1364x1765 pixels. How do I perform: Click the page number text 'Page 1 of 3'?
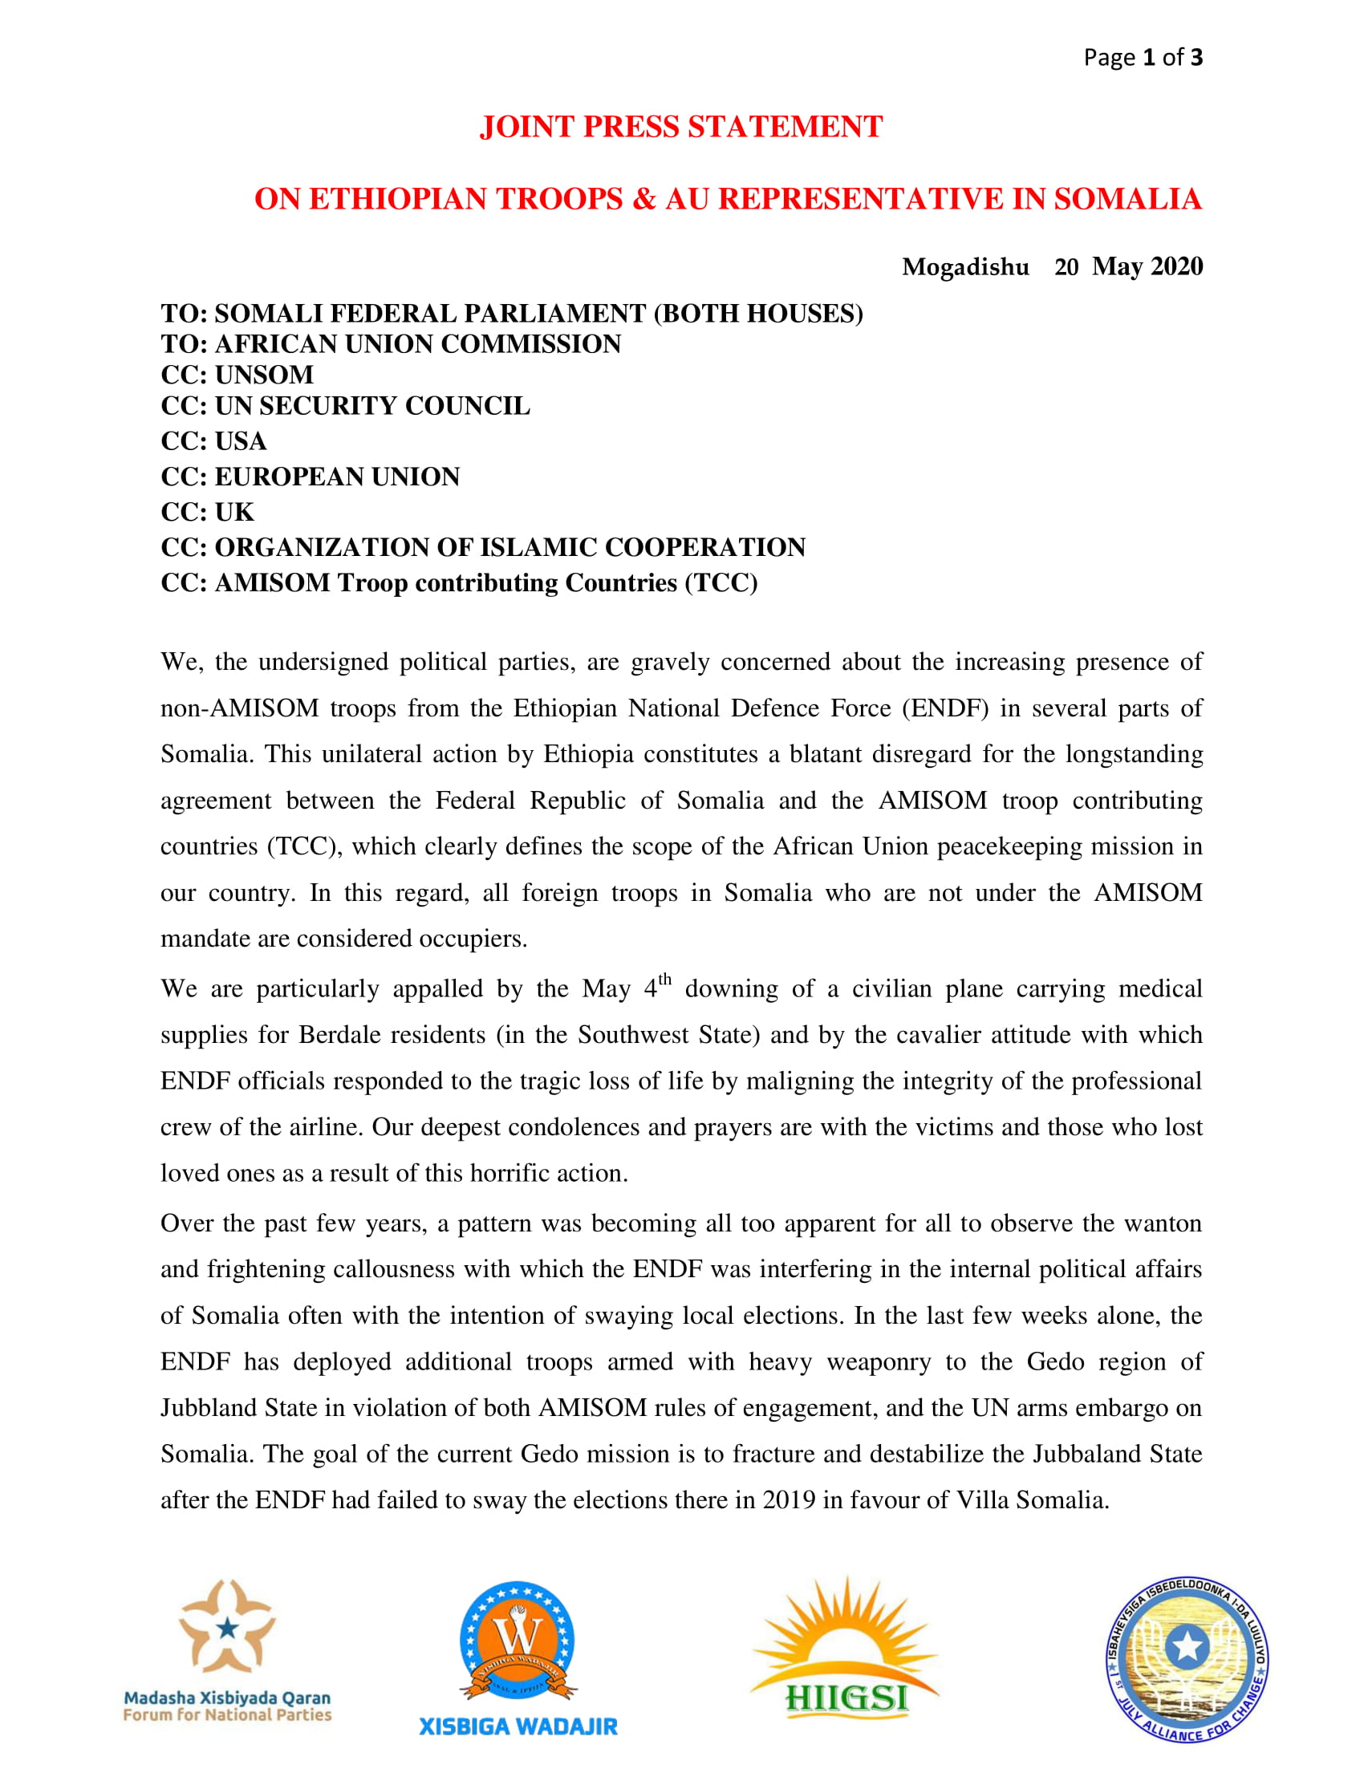pos(1143,58)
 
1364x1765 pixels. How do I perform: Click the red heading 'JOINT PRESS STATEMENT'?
pos(681,127)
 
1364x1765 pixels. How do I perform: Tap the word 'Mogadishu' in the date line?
pos(964,266)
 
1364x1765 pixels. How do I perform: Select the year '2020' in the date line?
pos(1176,266)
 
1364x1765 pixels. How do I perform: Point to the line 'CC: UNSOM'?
pos(237,375)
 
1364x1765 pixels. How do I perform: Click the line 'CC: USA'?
pos(213,441)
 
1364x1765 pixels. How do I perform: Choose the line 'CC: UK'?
pos(207,513)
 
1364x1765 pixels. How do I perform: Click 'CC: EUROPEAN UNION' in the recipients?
pos(311,477)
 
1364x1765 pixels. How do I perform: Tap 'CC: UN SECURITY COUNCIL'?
pos(345,406)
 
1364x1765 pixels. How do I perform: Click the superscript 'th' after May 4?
pos(664,980)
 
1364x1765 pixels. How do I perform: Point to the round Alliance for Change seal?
pos(1186,1659)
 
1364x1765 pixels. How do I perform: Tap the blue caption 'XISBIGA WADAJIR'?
pos(518,1727)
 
